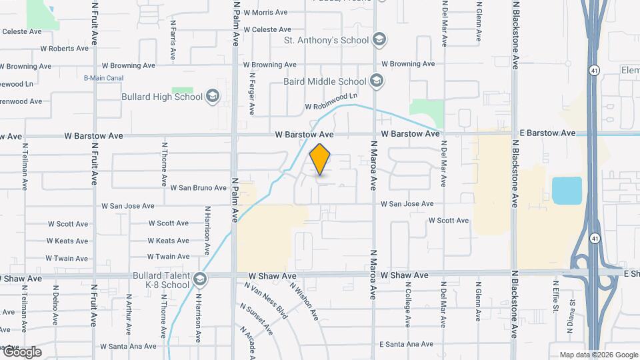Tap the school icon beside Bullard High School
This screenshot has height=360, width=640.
point(213,97)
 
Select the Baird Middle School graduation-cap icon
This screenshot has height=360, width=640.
point(377,81)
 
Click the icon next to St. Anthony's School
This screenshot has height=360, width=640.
point(379,40)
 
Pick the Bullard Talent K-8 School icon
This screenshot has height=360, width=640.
point(198,279)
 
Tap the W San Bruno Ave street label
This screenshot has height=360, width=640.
point(199,188)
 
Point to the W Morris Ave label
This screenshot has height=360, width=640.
point(265,12)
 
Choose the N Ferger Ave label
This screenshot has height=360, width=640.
point(252,93)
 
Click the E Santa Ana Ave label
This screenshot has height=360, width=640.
point(406,344)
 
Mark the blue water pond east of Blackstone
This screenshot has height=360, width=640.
point(567,191)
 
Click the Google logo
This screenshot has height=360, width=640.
point(21,352)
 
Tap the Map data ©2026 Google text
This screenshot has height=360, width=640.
point(599,355)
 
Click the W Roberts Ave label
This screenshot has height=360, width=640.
point(64,48)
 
